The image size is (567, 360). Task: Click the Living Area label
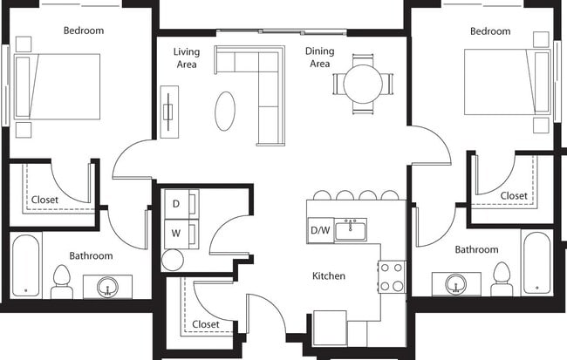186,58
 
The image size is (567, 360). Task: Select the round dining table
361,85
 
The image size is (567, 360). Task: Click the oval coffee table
225,111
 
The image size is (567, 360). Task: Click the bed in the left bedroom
58,86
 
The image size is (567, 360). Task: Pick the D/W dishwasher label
320,231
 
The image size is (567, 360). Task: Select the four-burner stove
392,276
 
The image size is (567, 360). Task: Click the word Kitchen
329,276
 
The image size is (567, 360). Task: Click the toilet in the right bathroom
501,278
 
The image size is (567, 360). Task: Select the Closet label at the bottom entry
206,324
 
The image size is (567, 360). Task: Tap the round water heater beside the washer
173,260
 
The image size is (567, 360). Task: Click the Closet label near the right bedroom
513,196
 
